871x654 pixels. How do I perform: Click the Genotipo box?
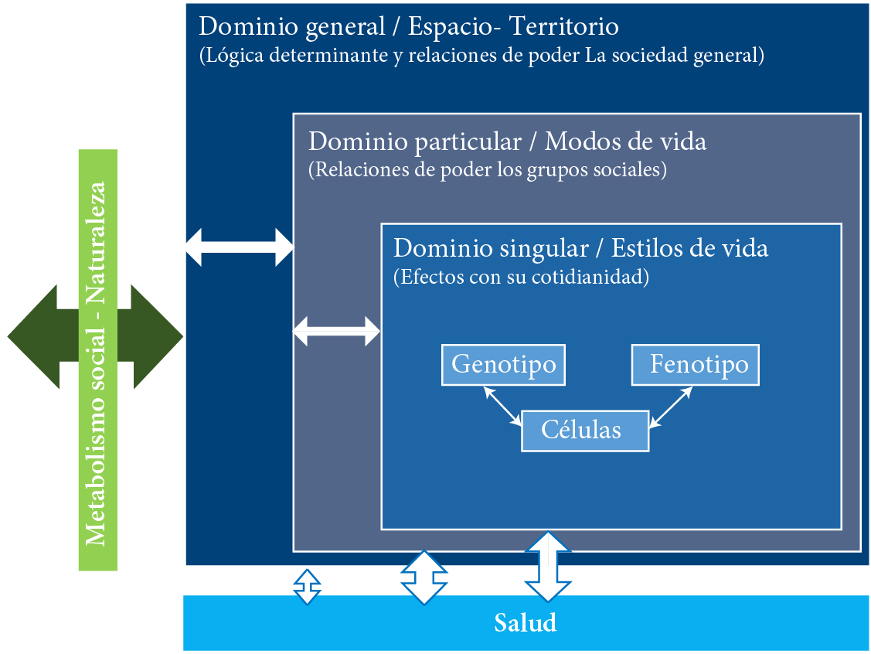(503, 365)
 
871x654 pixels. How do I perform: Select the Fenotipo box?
(695, 365)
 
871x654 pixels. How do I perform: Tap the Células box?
(585, 431)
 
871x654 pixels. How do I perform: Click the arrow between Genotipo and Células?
(503, 406)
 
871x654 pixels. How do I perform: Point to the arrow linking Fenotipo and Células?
(671, 407)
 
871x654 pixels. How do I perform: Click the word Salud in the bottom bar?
(526, 623)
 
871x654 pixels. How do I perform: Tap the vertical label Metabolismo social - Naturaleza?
(97, 360)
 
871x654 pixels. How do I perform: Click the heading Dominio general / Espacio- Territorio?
(409, 27)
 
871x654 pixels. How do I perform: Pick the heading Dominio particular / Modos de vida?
(507, 142)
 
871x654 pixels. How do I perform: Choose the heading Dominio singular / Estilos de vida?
(580, 249)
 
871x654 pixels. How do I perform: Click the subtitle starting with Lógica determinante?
(481, 56)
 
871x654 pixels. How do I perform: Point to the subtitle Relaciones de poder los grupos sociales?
(487, 170)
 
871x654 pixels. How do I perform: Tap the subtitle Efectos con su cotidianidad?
(521, 277)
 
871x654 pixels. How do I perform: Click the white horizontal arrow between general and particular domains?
(240, 247)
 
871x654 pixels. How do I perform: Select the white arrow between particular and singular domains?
(337, 332)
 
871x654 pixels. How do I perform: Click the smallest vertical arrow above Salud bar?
(307, 587)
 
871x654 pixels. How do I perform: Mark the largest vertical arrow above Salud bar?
(548, 567)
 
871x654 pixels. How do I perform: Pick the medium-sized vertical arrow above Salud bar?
(424, 577)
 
